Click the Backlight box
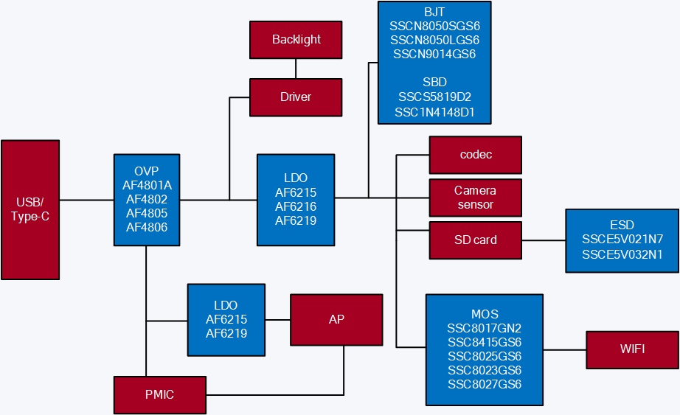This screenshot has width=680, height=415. click(296, 40)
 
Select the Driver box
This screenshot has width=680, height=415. click(296, 97)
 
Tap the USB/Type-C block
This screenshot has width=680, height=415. click(30, 210)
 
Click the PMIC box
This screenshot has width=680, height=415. click(159, 394)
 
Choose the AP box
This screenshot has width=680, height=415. click(336, 320)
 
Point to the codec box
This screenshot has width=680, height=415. click(476, 155)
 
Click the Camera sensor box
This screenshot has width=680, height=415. click(476, 198)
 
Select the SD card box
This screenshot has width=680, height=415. click(476, 240)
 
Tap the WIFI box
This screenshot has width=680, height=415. click(633, 349)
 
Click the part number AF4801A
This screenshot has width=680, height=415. click(147, 186)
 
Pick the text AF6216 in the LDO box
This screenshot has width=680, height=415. click(296, 206)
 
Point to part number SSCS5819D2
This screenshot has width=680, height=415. click(434, 97)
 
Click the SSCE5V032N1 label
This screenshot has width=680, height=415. click(622, 254)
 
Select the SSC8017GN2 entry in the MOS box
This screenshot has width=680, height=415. click(485, 328)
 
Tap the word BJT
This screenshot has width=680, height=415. click(434, 13)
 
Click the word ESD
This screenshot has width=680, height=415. click(622, 225)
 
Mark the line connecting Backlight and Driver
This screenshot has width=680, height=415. click(296, 69)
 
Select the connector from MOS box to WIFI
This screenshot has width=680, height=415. click(564, 349)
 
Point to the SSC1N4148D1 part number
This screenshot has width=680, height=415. click(434, 112)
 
